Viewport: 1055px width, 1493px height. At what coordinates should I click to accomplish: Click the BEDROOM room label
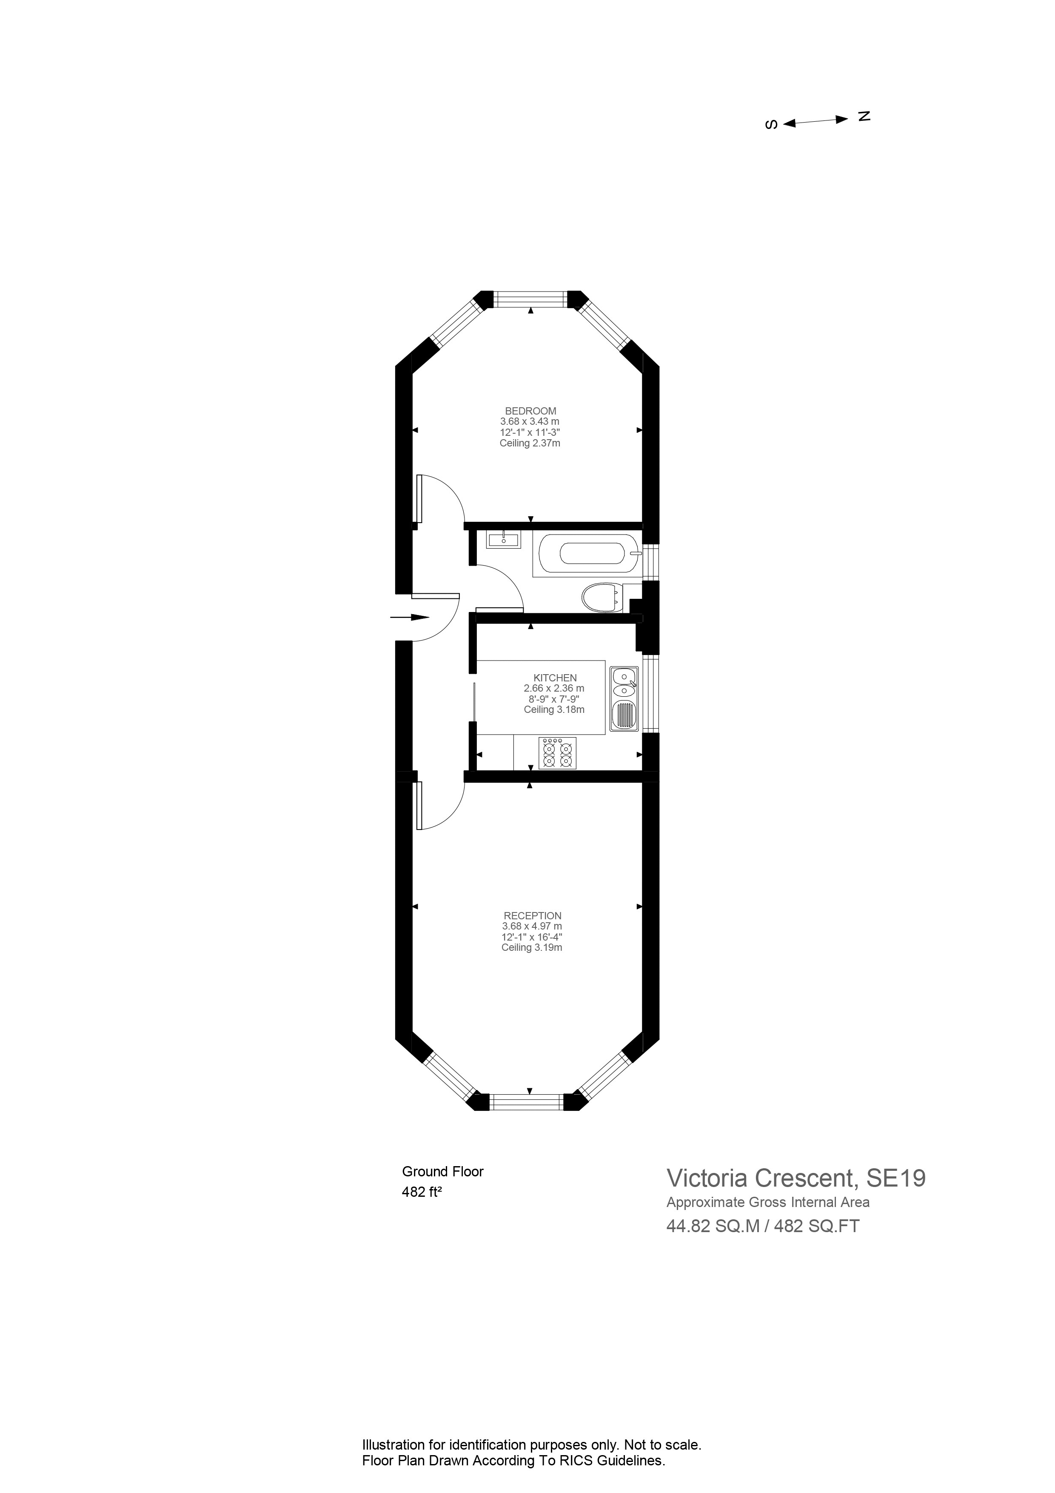coord(530,411)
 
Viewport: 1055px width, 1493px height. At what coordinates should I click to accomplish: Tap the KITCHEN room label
coord(554,678)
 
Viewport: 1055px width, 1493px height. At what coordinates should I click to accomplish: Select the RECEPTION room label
coord(532,915)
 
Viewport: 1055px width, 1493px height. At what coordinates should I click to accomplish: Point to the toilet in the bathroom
coord(601,597)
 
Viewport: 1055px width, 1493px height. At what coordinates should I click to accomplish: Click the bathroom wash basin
coord(503,539)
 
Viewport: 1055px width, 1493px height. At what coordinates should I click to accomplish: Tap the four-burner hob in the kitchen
coord(557,753)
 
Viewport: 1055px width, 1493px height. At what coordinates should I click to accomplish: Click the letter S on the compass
coord(772,124)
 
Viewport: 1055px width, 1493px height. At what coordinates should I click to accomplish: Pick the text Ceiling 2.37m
coord(530,443)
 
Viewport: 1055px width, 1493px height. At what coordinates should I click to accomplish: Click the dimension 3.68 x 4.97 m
coord(532,926)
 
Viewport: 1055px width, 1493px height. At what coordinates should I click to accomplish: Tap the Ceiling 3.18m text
coord(554,709)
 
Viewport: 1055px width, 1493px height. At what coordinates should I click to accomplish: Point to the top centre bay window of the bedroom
coord(530,299)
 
